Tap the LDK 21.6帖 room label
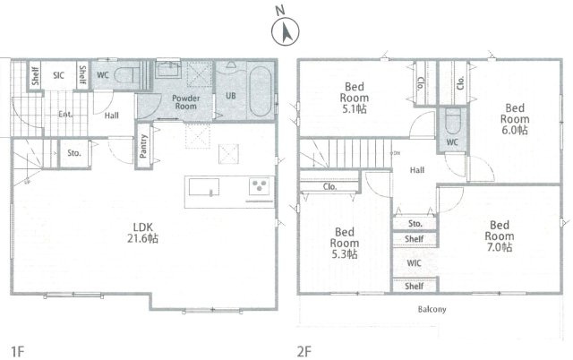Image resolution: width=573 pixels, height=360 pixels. pos(142,233)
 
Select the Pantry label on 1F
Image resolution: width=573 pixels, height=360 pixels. pos(143,146)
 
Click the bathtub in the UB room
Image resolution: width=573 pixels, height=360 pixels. pos(260,90)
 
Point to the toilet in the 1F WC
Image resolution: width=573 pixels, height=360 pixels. pos(126,75)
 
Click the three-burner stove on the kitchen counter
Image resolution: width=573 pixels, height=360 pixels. pos(260,186)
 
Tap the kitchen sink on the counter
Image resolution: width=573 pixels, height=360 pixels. pos(204,187)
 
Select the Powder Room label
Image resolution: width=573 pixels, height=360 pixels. pos(185,102)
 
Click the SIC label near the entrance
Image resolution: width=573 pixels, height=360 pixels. pos(58,75)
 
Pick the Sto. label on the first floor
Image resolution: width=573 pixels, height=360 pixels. pos(74,153)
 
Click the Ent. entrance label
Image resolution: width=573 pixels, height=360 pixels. pos(65,115)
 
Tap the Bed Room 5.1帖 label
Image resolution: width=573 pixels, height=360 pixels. pos(354,98)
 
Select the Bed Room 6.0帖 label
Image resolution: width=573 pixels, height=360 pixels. pos(515,119)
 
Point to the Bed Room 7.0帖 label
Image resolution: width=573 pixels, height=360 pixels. pos(500,236)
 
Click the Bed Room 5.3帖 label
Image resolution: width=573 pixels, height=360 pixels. pos(344,243)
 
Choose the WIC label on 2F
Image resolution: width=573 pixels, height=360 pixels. pos(414,262)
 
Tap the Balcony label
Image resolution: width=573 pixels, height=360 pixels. pos(432,309)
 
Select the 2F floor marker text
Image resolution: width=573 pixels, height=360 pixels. pos(304,352)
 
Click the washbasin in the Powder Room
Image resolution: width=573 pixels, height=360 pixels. pos(168,69)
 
